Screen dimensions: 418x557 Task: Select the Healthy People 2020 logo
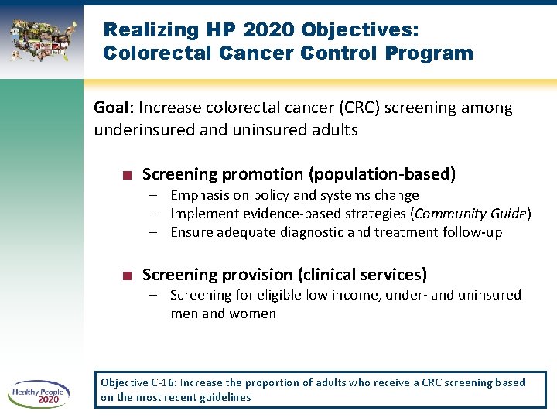pyautogui.click(x=39, y=394)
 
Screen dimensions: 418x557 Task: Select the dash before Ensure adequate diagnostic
pyautogui.click(x=155, y=232)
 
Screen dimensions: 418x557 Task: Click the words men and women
pyautogui.click(x=223, y=313)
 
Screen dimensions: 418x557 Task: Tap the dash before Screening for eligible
pyautogui.click(x=155, y=295)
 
